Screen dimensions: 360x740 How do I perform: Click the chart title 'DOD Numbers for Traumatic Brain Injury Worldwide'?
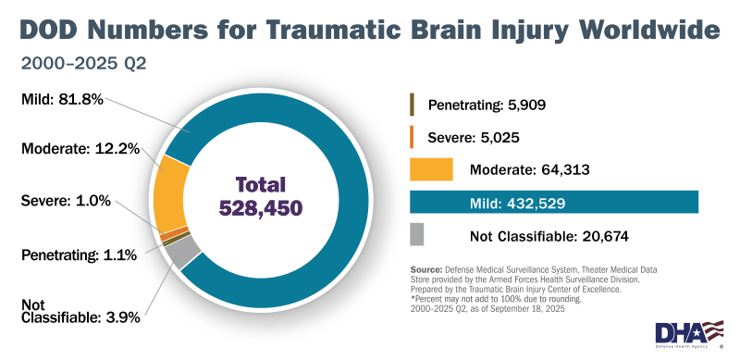click(369, 30)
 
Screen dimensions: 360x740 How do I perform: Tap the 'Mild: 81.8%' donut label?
click(63, 96)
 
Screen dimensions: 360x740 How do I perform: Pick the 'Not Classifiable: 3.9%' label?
click(80, 310)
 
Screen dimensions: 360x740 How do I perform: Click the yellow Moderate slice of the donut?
click(170, 189)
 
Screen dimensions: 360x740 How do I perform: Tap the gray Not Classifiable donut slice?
click(182, 251)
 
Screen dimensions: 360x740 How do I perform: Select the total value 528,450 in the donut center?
click(260, 208)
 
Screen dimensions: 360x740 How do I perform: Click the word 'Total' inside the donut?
click(260, 184)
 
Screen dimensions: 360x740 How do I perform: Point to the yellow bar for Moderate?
click(431, 169)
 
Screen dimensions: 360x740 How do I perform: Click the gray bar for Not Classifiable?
click(416, 235)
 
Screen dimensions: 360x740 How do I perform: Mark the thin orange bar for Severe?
click(412, 137)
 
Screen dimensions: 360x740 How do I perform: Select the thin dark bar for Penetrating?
click(412, 104)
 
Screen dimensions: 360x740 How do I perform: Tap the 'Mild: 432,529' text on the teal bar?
click(517, 203)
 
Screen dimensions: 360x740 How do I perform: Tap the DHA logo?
click(689, 332)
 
